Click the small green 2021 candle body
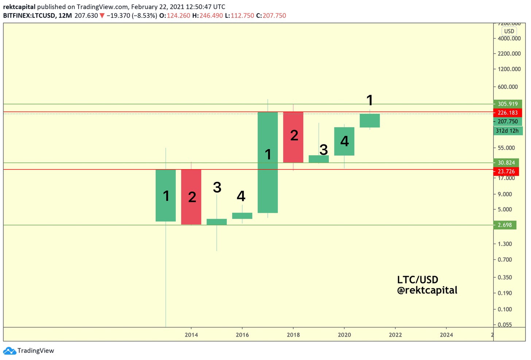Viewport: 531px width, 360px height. [x=369, y=121]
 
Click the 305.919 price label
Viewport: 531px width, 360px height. [x=508, y=104]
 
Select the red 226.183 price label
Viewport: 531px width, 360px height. [x=508, y=113]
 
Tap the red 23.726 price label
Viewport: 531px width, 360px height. [x=506, y=171]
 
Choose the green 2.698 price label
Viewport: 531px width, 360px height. [x=505, y=225]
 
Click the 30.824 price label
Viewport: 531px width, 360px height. [x=506, y=163]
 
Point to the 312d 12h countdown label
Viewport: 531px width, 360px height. [x=507, y=130]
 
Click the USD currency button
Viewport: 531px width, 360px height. [x=509, y=31]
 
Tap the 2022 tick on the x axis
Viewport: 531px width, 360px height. [x=395, y=334]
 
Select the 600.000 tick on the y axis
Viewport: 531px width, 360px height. [x=508, y=87]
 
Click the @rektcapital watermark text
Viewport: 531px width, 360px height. [x=427, y=290]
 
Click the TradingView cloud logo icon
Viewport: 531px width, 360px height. [x=9, y=351]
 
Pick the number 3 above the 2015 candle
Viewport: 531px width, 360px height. [x=217, y=187]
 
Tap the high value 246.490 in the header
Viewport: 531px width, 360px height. [x=211, y=16]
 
